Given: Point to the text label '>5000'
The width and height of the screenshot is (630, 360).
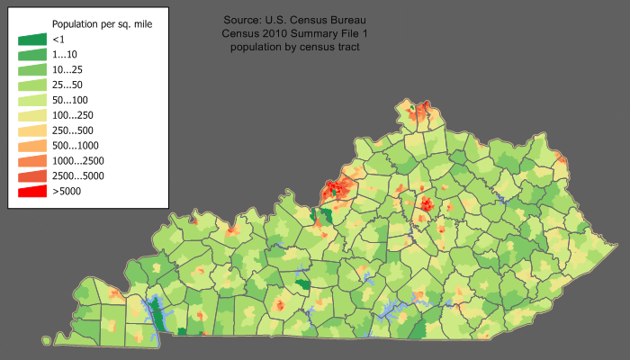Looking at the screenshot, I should coord(67,191).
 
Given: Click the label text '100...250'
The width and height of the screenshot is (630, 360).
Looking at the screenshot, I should coord(73,115).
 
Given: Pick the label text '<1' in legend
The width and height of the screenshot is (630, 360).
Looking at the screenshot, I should coord(58,40).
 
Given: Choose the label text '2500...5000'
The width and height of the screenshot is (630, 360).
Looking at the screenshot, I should coord(78,176).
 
